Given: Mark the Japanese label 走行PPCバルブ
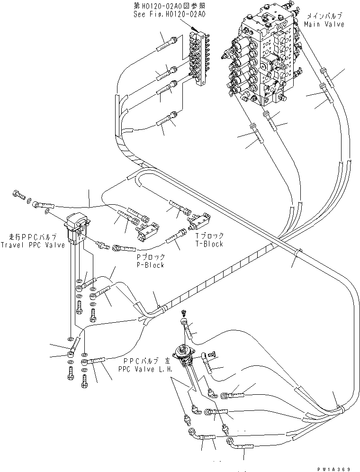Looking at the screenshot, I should [x=32, y=237].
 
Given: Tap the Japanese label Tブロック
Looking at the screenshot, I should [x=210, y=236].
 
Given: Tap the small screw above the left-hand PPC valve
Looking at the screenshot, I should [x=185, y=313].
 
